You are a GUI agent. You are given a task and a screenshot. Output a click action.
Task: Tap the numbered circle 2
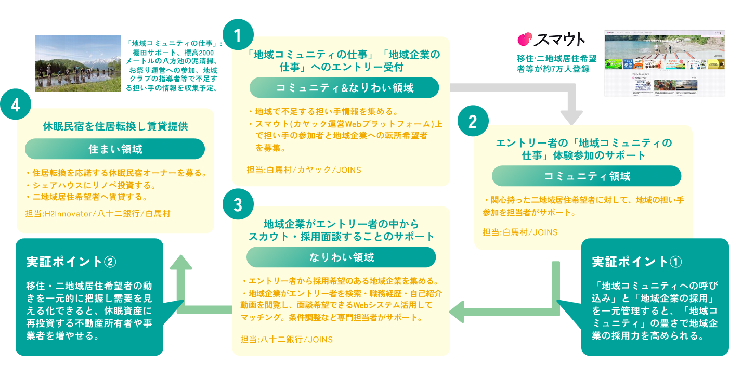pyautogui.click(x=473, y=122)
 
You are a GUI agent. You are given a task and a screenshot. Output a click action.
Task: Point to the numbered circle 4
pyautogui.click(x=16, y=105)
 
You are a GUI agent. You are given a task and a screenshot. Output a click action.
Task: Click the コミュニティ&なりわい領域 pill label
pyautogui.click(x=344, y=88)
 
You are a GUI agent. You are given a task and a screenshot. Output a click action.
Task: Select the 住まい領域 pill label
pyautogui.click(x=115, y=149)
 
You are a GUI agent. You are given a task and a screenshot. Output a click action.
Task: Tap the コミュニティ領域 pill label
pyautogui.click(x=587, y=176)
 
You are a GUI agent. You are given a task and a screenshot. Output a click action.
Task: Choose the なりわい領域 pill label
pyautogui.click(x=341, y=257)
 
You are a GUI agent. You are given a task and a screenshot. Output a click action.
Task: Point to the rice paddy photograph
pyautogui.click(x=78, y=63)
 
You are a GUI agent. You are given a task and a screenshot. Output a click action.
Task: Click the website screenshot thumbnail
pyautogui.click(x=665, y=62)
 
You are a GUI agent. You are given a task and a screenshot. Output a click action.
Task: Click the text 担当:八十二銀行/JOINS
pyautogui.click(x=287, y=340)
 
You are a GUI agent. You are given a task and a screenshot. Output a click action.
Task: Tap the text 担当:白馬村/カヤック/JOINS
pyautogui.click(x=304, y=170)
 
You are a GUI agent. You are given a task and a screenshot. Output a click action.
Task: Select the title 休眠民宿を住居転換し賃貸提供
pyautogui.click(x=115, y=126)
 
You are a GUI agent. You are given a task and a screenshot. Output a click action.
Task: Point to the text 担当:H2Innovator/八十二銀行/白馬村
pyautogui.click(x=97, y=214)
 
